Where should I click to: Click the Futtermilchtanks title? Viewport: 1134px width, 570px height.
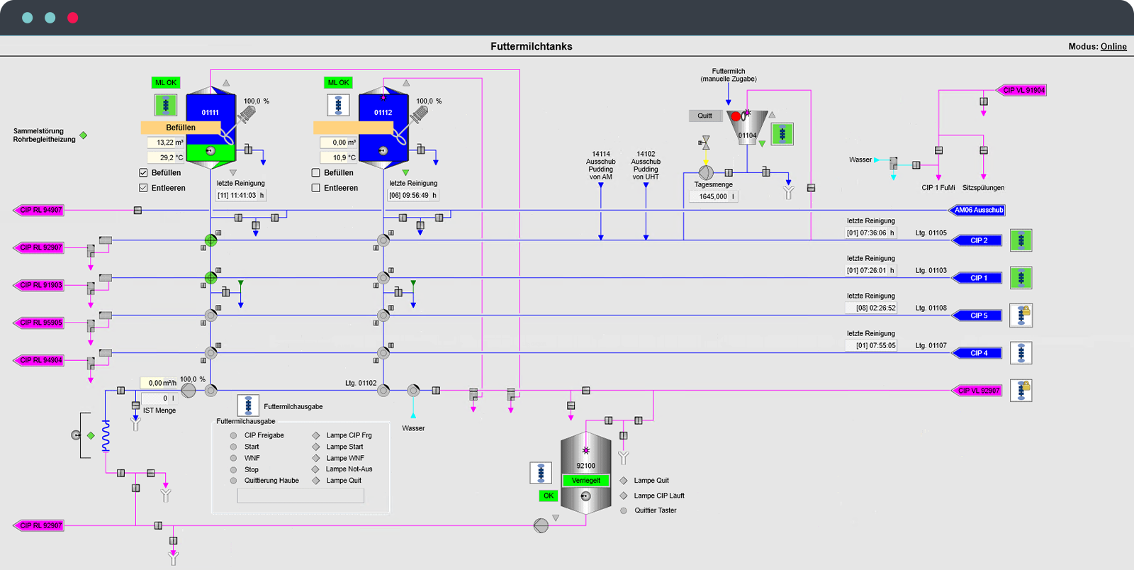point(531,47)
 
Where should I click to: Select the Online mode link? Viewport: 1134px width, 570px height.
point(1113,47)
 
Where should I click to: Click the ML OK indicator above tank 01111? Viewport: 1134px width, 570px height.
point(166,83)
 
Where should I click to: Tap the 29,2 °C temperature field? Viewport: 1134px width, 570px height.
point(166,157)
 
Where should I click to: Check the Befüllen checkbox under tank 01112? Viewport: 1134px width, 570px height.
point(316,173)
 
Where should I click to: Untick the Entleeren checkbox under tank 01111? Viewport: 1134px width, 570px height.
point(143,188)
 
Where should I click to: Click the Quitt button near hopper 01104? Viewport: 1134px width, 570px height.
point(704,116)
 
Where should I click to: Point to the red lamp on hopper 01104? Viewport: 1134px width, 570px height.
point(736,116)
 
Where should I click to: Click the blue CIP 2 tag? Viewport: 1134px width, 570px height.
point(978,240)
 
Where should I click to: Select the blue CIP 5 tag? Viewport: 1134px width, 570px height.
point(978,315)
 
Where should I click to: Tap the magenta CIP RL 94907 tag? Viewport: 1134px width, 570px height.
point(40,210)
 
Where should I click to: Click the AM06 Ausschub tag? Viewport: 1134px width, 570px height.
point(977,210)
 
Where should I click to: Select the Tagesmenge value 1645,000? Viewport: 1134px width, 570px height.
point(713,196)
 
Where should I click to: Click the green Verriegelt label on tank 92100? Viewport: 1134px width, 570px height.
point(585,481)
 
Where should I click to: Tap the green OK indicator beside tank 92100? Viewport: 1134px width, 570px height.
point(549,496)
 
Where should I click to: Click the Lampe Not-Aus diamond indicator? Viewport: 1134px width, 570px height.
point(316,469)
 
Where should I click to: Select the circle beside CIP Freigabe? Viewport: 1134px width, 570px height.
point(233,435)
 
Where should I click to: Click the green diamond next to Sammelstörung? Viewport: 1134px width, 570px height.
point(84,135)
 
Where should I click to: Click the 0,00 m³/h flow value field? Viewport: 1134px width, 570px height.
point(160,383)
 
